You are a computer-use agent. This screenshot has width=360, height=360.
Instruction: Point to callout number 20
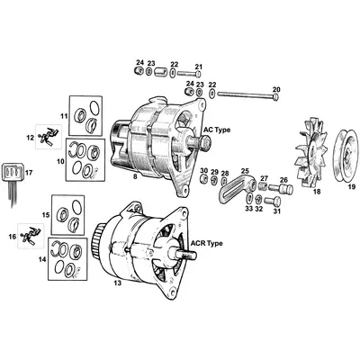[x=276, y=88]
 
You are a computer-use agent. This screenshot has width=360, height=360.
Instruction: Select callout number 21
[x=199, y=66]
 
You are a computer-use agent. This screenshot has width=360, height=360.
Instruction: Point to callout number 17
[x=30, y=172]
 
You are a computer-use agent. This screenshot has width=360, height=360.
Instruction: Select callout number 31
[x=276, y=212]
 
